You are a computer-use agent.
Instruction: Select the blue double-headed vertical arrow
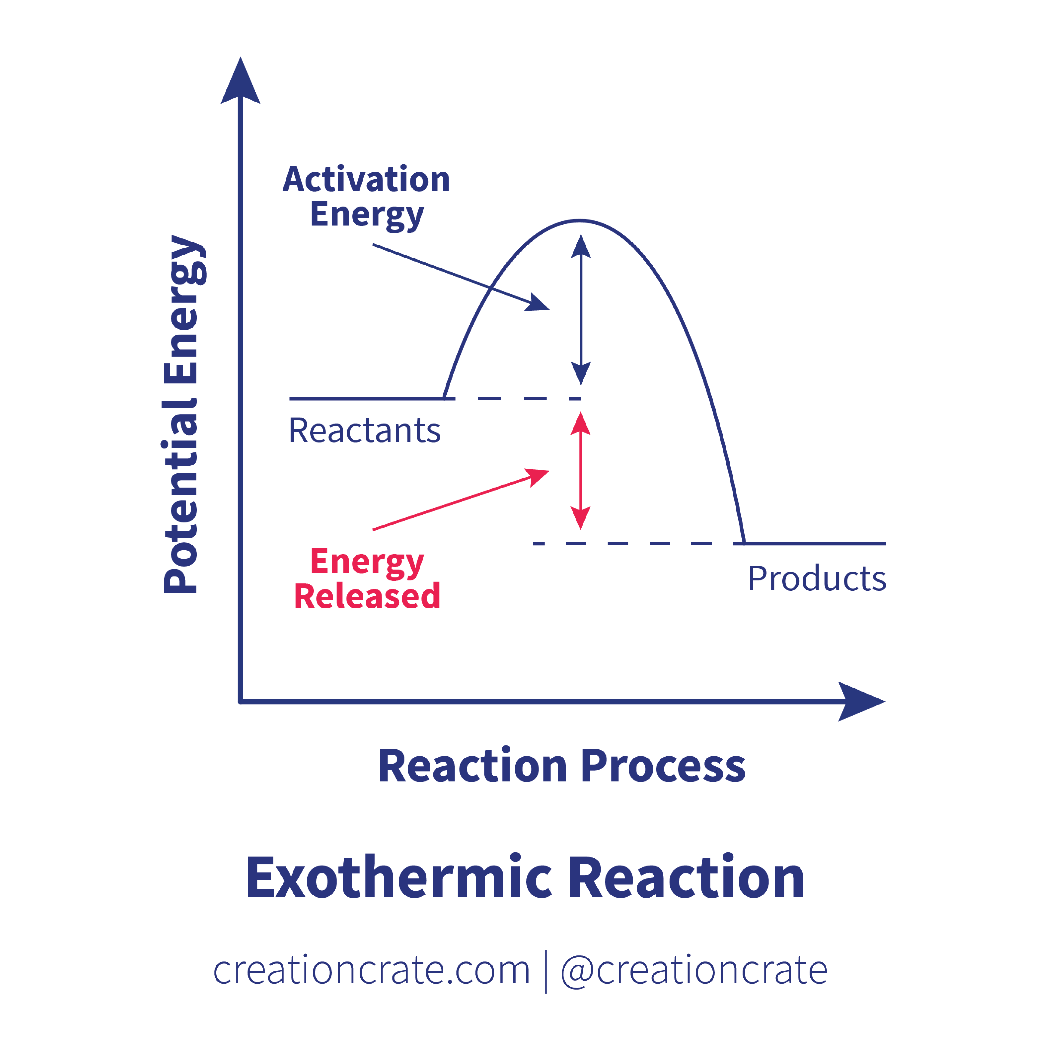tap(581, 310)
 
